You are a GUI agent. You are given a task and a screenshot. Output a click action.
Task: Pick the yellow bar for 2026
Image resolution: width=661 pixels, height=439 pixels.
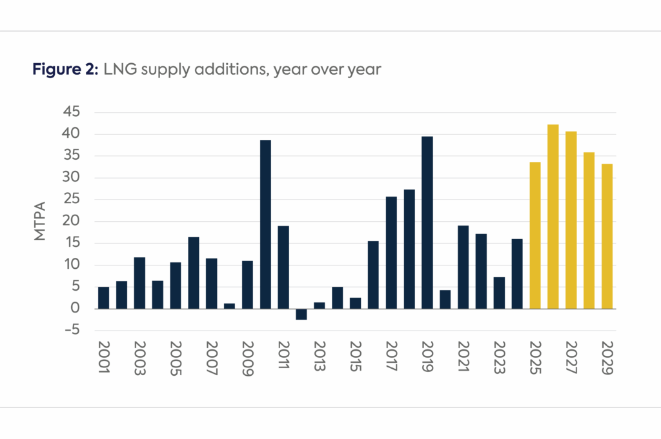(553, 217)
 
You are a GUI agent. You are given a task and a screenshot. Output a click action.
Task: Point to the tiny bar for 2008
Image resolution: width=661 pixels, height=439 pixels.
(229, 306)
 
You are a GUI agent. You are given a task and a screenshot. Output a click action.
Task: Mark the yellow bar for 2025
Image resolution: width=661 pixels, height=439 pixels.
(535, 235)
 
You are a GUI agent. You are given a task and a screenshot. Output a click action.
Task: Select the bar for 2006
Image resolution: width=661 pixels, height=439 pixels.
(194, 273)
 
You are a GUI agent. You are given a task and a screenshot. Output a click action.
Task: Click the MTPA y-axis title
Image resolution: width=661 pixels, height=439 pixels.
(41, 221)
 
